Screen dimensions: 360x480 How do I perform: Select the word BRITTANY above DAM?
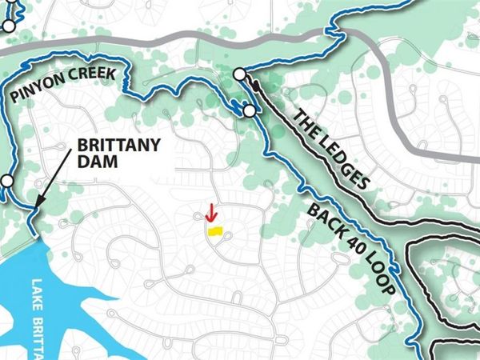(119, 146)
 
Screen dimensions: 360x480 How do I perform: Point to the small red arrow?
(210, 213)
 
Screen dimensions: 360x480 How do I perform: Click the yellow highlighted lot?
(214, 230)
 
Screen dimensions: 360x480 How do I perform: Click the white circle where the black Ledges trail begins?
(239, 75)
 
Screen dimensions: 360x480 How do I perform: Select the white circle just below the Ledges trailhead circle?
(249, 110)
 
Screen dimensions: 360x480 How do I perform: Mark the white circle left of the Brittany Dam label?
(7, 182)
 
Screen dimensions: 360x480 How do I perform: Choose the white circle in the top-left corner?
(8, 26)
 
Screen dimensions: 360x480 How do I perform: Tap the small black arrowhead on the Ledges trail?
(250, 81)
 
